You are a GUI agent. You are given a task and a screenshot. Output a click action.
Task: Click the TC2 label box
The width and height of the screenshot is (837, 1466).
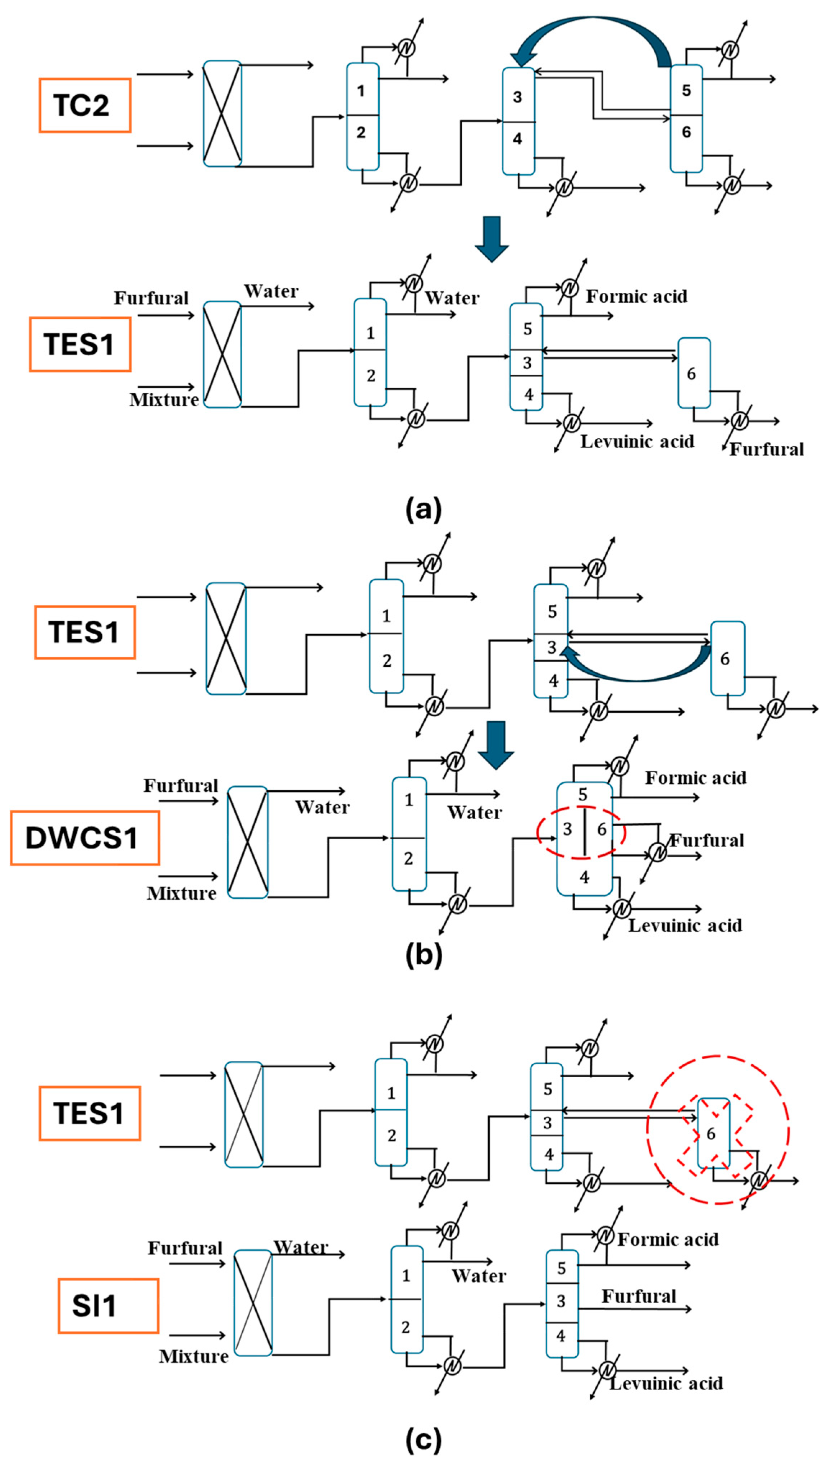click(x=84, y=105)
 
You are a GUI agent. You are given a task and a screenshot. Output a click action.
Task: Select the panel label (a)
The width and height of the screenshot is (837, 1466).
click(x=424, y=510)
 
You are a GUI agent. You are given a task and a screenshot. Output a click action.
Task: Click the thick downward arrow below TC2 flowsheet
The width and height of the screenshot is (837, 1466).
click(x=491, y=237)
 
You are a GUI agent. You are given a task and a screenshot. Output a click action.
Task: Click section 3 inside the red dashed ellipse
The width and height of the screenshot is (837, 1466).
click(x=567, y=829)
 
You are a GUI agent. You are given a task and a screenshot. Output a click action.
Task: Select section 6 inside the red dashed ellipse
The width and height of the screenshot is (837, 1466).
click(x=601, y=829)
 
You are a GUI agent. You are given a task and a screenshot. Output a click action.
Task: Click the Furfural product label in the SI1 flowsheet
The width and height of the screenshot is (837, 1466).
click(x=639, y=1296)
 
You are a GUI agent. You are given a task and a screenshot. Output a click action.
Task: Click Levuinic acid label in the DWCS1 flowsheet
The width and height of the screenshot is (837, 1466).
click(x=685, y=926)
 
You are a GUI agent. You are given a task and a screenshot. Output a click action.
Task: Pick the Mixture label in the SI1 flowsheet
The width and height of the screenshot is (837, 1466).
click(x=193, y=1356)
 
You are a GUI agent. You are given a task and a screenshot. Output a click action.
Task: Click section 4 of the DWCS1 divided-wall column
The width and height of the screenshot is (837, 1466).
click(x=584, y=877)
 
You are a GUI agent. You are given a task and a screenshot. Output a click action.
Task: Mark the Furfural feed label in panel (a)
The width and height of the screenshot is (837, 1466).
click(x=151, y=298)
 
